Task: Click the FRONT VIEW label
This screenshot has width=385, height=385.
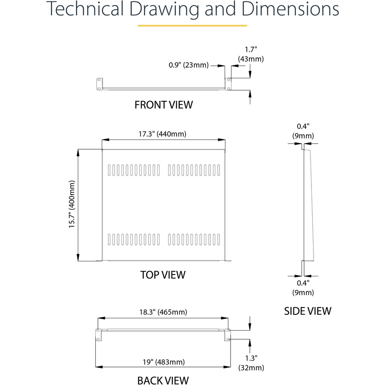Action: (163, 105)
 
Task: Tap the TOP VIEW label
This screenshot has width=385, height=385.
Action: (163, 275)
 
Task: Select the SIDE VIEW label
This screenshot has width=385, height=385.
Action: (308, 311)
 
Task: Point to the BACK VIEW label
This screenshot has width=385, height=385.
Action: (163, 380)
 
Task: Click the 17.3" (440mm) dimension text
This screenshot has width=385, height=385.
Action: (162, 134)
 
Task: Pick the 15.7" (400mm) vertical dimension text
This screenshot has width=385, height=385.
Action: (72, 204)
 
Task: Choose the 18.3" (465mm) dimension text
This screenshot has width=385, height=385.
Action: (163, 312)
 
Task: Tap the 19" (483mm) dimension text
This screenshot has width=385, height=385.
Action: (164, 362)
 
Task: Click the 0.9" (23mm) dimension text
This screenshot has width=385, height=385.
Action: (189, 65)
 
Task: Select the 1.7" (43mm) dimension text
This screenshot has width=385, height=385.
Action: (251, 54)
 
